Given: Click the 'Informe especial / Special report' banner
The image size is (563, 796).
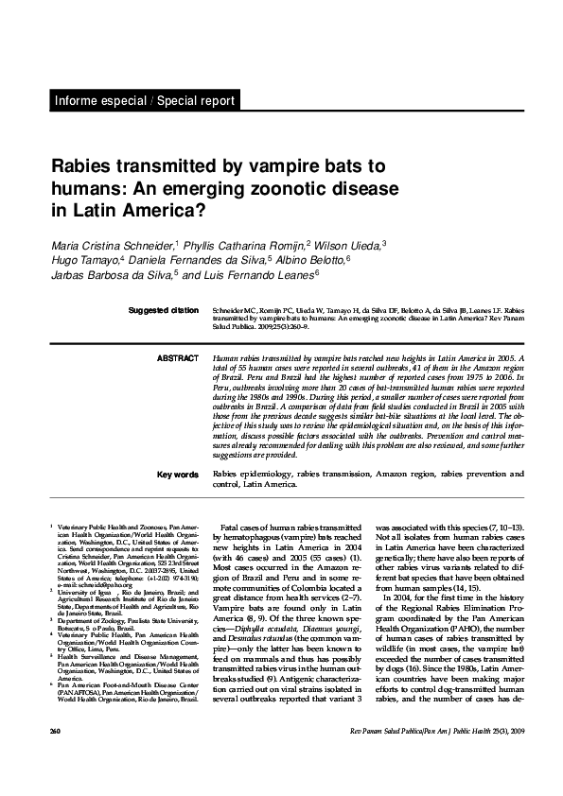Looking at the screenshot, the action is point(143,101).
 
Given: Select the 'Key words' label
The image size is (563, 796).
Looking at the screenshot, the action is point(177,474).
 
